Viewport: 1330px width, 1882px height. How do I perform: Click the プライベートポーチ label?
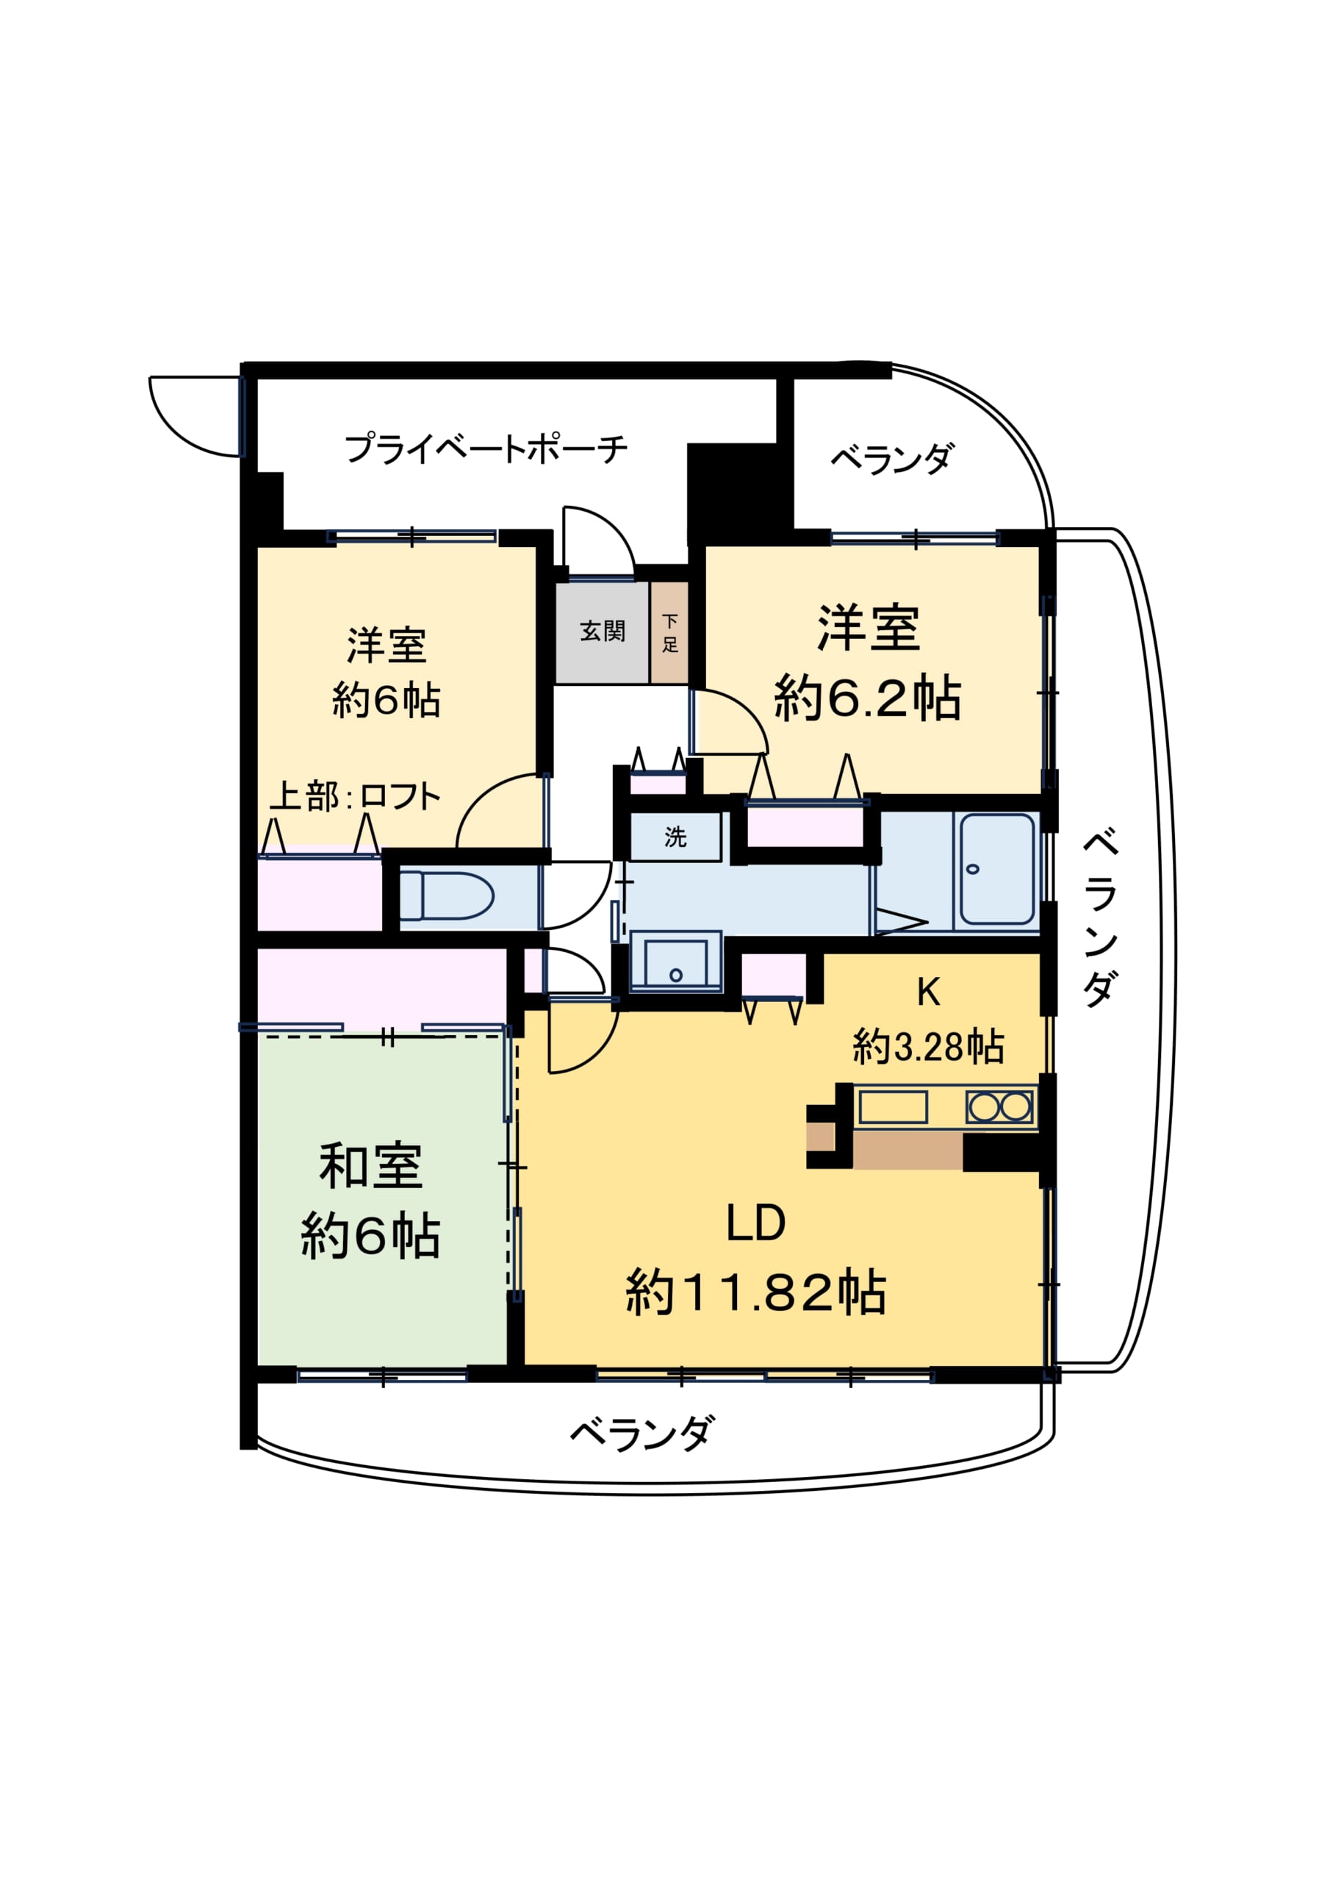pyautogui.click(x=485, y=448)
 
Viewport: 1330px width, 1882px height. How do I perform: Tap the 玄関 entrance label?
pyautogui.click(x=603, y=631)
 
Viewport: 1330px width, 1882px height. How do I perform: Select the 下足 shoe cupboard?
pyautogui.click(x=669, y=633)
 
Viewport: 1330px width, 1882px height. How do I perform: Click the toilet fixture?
pyautogui.click(x=446, y=896)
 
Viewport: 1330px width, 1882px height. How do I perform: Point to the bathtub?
pyautogui.click(x=996, y=869)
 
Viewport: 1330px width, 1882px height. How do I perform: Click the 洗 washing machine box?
pyautogui.click(x=675, y=836)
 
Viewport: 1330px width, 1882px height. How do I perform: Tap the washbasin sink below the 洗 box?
pyautogui.click(x=676, y=962)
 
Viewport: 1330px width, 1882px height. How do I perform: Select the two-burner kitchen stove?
pyautogui.click(x=1000, y=1107)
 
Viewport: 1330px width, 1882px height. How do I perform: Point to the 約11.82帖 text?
pyautogui.click(x=755, y=1292)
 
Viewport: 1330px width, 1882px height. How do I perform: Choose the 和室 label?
pyautogui.click(x=370, y=1167)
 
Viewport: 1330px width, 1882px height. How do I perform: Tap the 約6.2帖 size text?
pyautogui.click(x=868, y=698)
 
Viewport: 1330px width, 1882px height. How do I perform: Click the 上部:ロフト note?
pyautogui.click(x=356, y=796)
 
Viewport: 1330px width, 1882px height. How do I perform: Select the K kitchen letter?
pyautogui.click(x=929, y=992)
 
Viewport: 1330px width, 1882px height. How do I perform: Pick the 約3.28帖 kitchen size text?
pyautogui.click(x=929, y=1047)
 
